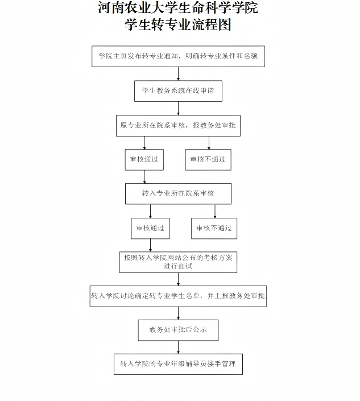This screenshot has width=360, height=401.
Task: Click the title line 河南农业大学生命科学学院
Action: pyautogui.click(x=178, y=9)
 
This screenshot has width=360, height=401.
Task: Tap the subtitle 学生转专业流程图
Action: pyautogui.click(x=178, y=25)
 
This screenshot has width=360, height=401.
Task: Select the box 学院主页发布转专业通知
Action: pyautogui.click(x=178, y=56)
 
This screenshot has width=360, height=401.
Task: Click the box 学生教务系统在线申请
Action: pyautogui.click(x=178, y=90)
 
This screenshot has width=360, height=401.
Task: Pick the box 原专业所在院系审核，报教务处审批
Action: pyautogui.click(x=177, y=125)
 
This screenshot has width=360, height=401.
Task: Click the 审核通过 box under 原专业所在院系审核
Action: pyautogui.click(x=144, y=159)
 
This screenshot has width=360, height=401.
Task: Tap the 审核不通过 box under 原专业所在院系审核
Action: pyautogui.click(x=208, y=159)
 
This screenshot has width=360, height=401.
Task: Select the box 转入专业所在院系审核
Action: pyautogui.click(x=178, y=193)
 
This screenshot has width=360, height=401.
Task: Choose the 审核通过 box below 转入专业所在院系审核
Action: pyautogui.click(x=150, y=228)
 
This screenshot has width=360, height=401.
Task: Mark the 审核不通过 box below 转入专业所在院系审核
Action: pyautogui.click(x=214, y=228)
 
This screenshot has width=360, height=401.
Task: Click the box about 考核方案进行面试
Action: pyautogui.click(x=178, y=262)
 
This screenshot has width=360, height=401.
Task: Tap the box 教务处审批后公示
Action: pyautogui.click(x=178, y=330)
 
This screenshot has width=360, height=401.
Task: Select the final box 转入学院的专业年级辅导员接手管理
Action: pyautogui.click(x=178, y=363)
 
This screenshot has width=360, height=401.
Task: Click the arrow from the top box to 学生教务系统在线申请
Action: pyautogui.click(x=178, y=74)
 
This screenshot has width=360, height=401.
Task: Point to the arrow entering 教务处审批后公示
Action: pyautogui.click(x=178, y=313)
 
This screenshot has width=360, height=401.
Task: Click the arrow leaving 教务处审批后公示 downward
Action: pyautogui.click(x=178, y=347)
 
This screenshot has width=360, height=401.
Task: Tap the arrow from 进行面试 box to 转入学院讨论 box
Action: pyautogui.click(x=178, y=279)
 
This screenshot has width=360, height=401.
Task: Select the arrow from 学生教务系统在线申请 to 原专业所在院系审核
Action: pyautogui.click(x=178, y=108)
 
